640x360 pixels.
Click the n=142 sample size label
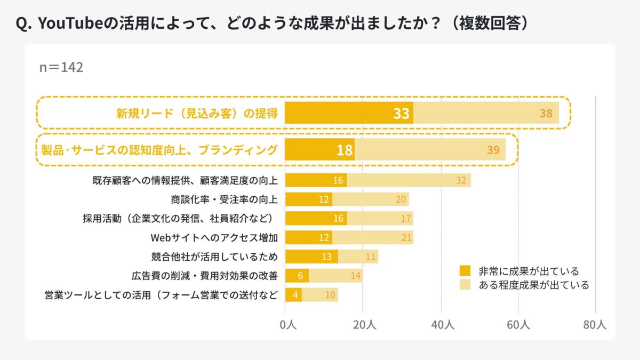pyautogui.click(x=61, y=68)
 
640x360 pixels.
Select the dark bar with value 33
pyautogui.click(x=349, y=113)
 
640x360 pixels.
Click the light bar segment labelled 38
pyautogui.click(x=486, y=113)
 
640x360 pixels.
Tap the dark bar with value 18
pyautogui.click(x=319, y=150)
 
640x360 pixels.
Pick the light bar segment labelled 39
pyautogui.click(x=430, y=150)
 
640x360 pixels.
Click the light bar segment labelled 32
pyautogui.click(x=409, y=180)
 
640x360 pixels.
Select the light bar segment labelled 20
pyautogui.click(x=370, y=199)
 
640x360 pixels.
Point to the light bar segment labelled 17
pyautogui.click(x=380, y=218)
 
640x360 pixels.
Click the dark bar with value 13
pyautogui.click(x=311, y=257)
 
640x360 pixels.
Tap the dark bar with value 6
pyautogui.click(x=297, y=276)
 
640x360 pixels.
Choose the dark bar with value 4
pyautogui.click(x=293, y=295)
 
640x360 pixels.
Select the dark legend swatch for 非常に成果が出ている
pyautogui.click(x=465, y=271)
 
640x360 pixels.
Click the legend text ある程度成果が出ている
pyautogui.click(x=534, y=285)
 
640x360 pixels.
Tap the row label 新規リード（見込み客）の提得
pyautogui.click(x=197, y=113)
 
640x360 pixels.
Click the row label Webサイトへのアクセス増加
pyautogui.click(x=214, y=237)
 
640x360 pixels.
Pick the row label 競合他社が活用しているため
pyautogui.click(x=214, y=257)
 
